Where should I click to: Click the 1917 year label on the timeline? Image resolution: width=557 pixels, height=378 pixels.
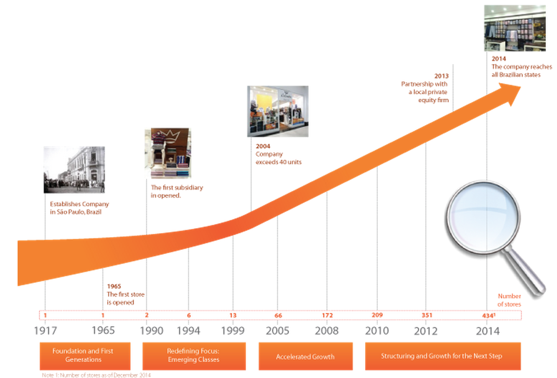point(45,331)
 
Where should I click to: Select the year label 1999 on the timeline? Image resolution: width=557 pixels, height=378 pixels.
point(233,331)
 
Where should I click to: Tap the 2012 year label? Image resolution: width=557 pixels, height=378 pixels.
point(426,331)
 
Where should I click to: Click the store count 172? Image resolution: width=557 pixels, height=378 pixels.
point(327,315)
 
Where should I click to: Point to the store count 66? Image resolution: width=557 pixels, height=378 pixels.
point(278,315)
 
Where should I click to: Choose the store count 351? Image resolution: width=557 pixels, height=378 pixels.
point(427,315)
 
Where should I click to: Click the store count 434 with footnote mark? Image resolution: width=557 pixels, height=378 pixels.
point(488,315)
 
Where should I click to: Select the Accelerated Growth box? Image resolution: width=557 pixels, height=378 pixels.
point(305,357)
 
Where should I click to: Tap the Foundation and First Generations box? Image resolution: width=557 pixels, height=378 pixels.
point(85,356)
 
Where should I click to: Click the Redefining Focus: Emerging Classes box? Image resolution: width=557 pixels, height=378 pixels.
point(194,356)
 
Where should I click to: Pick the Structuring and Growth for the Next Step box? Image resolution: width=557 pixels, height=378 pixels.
point(443,356)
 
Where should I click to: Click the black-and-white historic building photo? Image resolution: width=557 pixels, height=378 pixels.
point(74,170)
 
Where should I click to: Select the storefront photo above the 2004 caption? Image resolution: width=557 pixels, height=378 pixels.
point(278,111)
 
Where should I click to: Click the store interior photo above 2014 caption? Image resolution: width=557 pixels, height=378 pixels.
point(515,28)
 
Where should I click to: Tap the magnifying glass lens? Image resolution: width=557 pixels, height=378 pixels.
point(483,218)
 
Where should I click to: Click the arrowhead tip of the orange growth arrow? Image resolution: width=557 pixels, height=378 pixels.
point(521,87)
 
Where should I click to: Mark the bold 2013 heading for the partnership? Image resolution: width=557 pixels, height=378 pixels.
point(441,76)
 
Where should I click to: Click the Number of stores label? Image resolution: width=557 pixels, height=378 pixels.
point(509,300)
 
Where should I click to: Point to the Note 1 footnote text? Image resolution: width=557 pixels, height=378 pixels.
point(96,375)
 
